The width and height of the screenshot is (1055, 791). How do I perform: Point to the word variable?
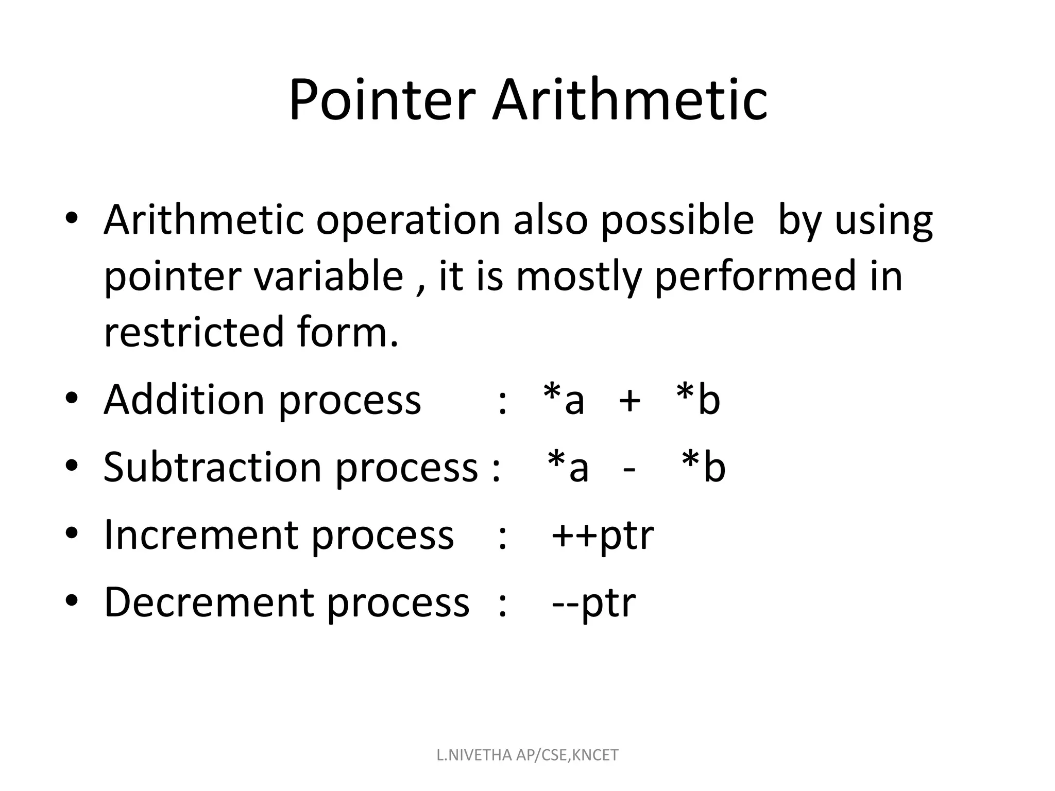point(328,277)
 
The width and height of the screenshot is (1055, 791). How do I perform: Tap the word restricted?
point(194,332)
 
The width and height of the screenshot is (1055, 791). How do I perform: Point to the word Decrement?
point(208,603)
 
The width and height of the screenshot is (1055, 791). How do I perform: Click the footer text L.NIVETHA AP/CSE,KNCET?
point(527,755)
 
